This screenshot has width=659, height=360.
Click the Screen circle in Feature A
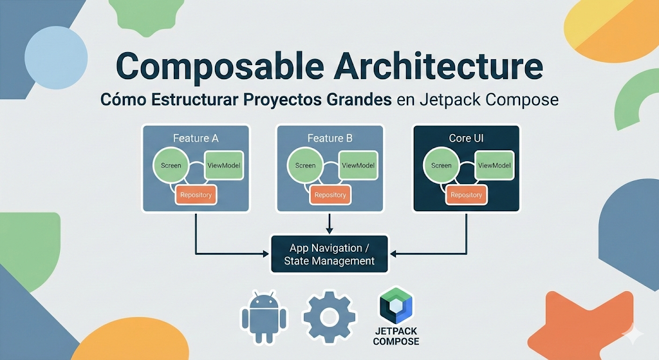point(171,166)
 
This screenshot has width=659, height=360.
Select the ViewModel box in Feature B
point(358,166)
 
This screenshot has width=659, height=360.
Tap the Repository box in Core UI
point(466,194)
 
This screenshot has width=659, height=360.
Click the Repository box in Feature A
point(195,194)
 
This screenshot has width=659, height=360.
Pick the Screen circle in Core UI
point(441,166)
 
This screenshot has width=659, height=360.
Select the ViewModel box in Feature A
point(224,166)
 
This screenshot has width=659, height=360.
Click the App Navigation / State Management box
point(329,254)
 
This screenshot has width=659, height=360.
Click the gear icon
point(329,316)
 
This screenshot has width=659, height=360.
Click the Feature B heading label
point(330,138)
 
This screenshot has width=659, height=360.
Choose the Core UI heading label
point(465,138)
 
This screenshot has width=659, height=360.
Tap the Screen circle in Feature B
point(305,166)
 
